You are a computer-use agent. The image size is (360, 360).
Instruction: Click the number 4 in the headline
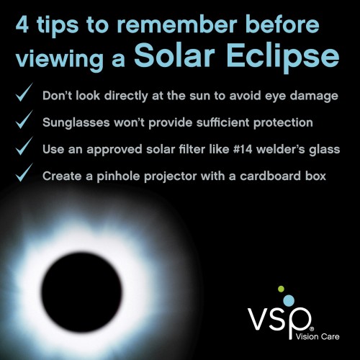coord(22,24)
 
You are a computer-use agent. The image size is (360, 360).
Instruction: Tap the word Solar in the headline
coord(174,55)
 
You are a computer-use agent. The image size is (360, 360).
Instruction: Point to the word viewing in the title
coord(60,59)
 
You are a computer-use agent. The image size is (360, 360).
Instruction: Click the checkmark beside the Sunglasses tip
coord(24,120)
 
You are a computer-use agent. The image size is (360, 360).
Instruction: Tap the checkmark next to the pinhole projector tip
coord(24,173)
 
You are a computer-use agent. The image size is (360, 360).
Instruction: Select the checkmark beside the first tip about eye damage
coord(24,92)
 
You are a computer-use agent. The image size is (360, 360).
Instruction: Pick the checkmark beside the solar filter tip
coord(24,146)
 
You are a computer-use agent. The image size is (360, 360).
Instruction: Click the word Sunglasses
coord(76,123)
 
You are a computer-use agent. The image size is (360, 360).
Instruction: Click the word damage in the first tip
coord(314,96)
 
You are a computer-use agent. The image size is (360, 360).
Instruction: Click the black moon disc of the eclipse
coord(81,292)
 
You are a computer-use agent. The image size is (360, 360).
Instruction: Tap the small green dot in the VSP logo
coord(281,289)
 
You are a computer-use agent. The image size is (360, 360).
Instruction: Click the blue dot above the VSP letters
coord(289,300)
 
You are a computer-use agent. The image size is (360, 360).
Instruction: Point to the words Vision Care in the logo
coord(318,336)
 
